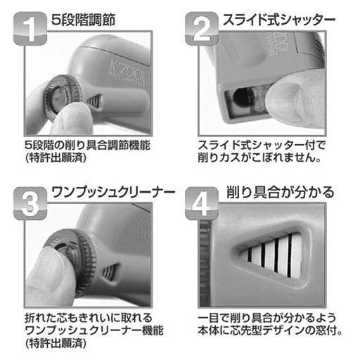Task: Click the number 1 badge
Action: pos(30,28)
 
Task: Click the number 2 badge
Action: pos(202,28)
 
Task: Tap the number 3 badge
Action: pos(30,203)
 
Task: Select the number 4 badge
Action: pos(202,203)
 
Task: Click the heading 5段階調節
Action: pos(83,20)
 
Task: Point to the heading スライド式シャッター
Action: pos(279,20)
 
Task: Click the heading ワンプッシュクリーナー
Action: pos(113,193)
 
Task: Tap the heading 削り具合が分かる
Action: pos(280,193)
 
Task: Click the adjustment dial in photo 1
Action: pos(63,96)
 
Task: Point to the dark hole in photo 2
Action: pos(243,97)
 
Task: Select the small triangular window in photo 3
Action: pos(110,272)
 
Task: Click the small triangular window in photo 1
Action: pos(94,101)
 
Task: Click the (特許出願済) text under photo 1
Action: pos(56,157)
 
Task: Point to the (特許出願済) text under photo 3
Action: pos(56,343)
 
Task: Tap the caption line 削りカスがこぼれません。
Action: pos(259,157)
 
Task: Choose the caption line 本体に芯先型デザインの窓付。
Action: pos(270,330)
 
